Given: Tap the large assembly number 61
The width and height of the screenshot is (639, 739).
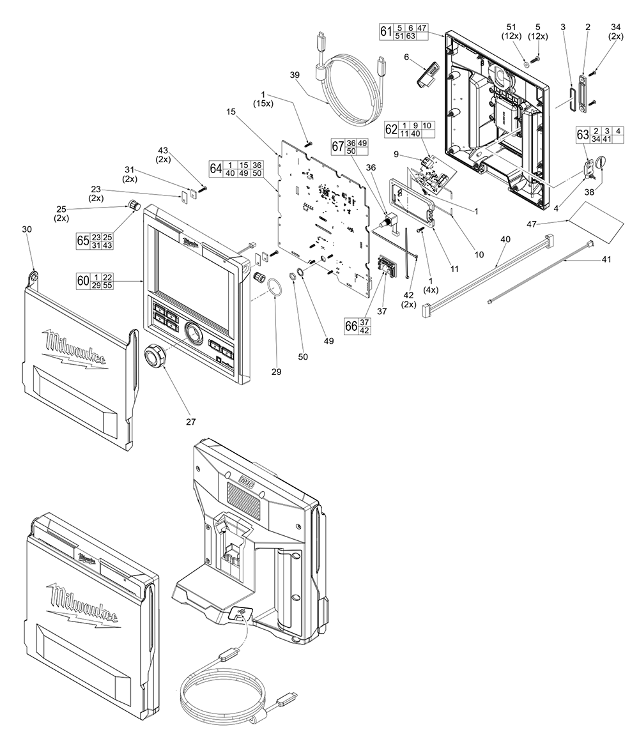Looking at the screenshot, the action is click(386, 31).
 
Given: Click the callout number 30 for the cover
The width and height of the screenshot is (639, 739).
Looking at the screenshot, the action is click(27, 229).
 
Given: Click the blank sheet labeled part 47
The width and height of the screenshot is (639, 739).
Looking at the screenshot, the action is click(596, 222).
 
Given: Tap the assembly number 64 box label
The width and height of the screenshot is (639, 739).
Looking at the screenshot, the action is click(215, 168).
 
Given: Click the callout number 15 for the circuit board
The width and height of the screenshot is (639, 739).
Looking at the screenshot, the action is click(231, 112).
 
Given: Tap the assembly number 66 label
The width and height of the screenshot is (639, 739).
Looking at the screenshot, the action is click(351, 326).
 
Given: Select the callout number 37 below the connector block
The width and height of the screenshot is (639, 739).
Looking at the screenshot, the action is click(381, 311).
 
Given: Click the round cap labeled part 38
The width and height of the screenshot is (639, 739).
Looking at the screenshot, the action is click(601, 163).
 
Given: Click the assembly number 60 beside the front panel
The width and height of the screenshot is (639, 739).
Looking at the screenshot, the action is click(82, 280).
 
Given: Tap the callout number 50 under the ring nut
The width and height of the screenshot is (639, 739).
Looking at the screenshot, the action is click(303, 357).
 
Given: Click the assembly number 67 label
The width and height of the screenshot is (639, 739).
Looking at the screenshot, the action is click(338, 146).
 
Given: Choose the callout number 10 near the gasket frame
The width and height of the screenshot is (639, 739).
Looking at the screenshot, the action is click(479, 255).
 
